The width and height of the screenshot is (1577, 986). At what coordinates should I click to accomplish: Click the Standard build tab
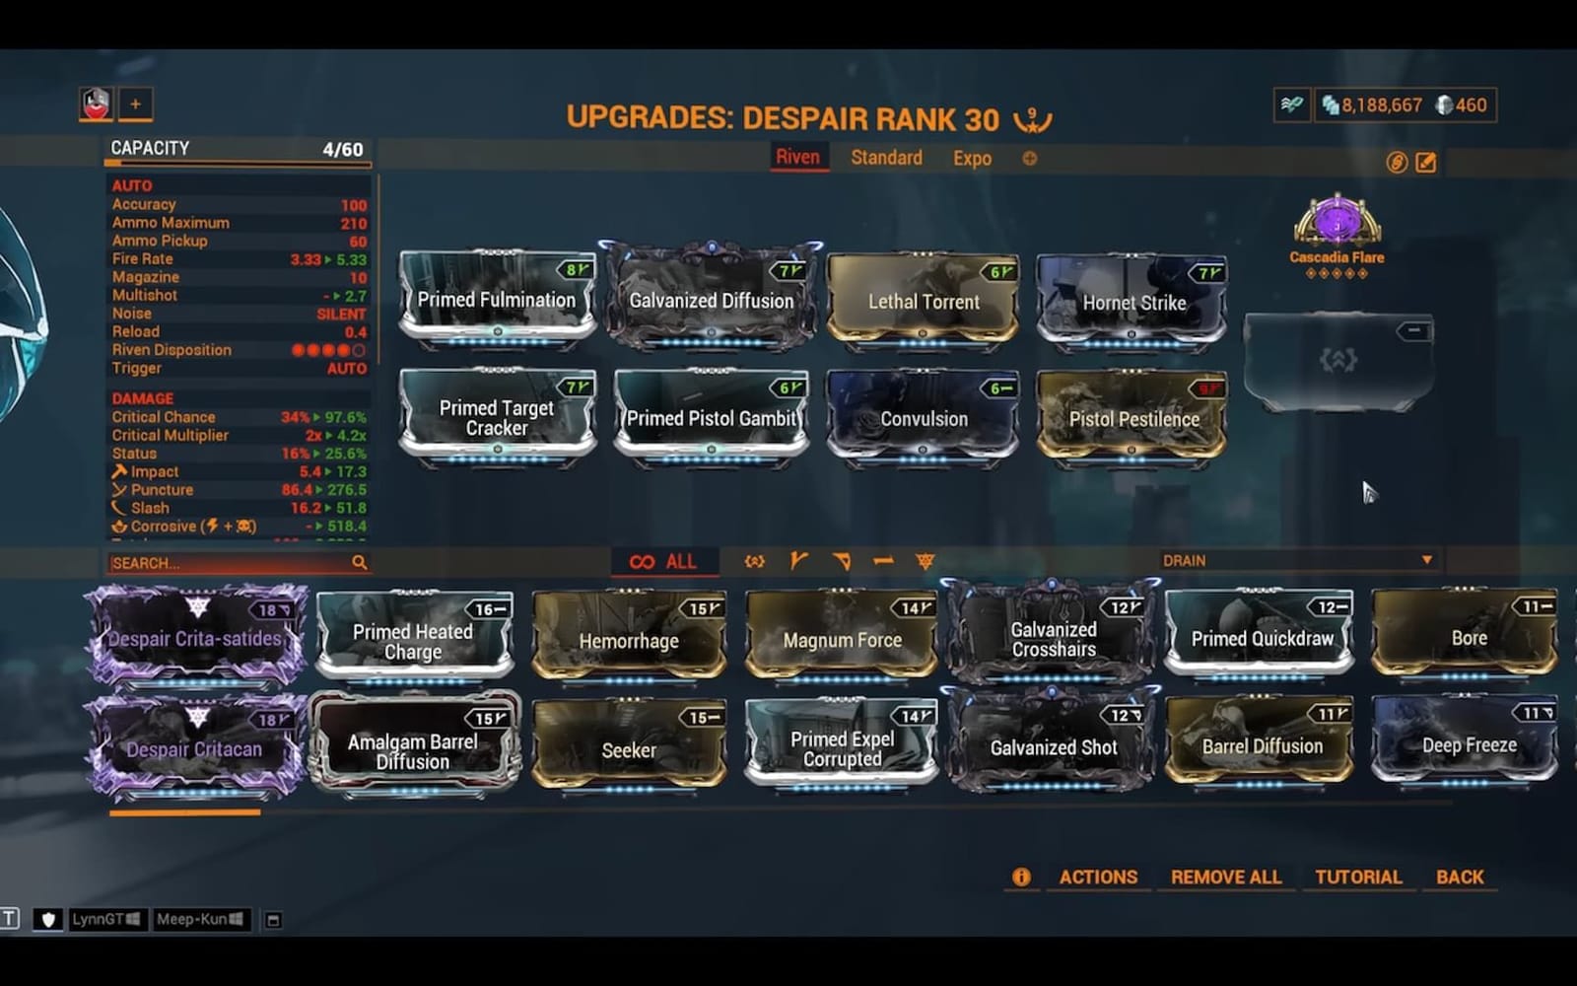pyautogui.click(x=886, y=158)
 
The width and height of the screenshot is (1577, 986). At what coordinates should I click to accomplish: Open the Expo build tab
pyautogui.click(x=972, y=158)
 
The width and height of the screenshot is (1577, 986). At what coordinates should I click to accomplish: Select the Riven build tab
pyautogui.click(x=797, y=158)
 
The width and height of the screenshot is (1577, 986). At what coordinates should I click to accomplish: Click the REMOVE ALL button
pyautogui.click(x=1226, y=877)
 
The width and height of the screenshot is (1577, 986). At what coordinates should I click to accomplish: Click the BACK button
pyautogui.click(x=1460, y=877)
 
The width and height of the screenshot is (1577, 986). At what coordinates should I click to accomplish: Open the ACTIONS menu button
pyautogui.click(x=1098, y=877)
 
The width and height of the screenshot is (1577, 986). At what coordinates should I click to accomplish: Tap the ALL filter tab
pyautogui.click(x=664, y=562)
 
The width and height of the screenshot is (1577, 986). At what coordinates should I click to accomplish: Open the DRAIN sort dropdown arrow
pyautogui.click(x=1426, y=560)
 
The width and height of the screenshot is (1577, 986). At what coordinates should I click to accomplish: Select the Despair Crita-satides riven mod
pyautogui.click(x=195, y=638)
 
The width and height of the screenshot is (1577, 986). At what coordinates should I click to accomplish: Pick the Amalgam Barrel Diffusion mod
pyautogui.click(x=413, y=749)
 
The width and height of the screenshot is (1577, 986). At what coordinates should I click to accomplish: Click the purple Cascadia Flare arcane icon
pyautogui.click(x=1337, y=222)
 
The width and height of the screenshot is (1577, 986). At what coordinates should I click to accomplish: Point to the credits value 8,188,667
pyautogui.click(x=1381, y=106)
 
